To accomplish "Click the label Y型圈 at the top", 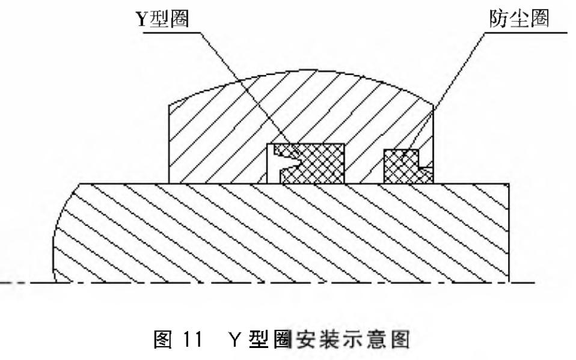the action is tap(162, 19).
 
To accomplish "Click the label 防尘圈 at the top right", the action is tap(519, 19).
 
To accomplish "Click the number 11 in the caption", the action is tap(192, 339).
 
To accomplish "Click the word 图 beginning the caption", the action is tap(163, 339).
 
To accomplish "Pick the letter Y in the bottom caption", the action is tap(234, 339).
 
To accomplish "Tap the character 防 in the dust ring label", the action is tap(499, 19).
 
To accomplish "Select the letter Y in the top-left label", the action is tap(142, 19).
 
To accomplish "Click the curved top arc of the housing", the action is tap(301, 71).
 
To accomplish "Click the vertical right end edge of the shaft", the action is tap(509, 233).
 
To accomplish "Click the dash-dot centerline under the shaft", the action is tap(268, 282).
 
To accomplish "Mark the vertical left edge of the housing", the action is tap(169, 144).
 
